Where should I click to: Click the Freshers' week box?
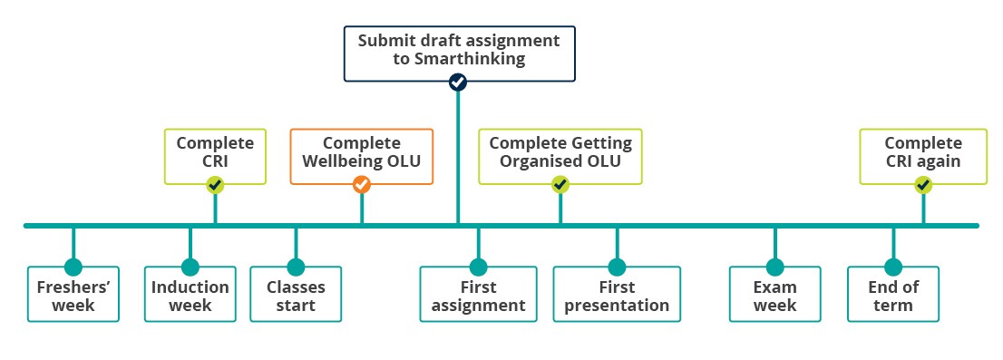(x=73, y=294)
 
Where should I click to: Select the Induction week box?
(x=190, y=294)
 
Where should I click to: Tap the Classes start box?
(x=296, y=294)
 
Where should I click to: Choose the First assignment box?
(x=479, y=294)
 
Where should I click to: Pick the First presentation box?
(x=617, y=294)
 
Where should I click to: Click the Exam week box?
(x=774, y=294)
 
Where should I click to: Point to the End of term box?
(x=893, y=294)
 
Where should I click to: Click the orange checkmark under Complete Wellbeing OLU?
(x=362, y=185)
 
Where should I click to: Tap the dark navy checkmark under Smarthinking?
(x=458, y=82)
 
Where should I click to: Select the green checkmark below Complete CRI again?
(x=923, y=185)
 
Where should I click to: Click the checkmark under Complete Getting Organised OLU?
(x=560, y=185)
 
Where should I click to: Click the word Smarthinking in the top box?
(x=470, y=60)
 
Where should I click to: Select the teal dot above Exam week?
(x=774, y=268)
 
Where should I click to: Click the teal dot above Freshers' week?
(x=73, y=268)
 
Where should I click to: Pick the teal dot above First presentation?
(x=617, y=268)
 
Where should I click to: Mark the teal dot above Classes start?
(x=296, y=268)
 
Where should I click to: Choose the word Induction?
(x=190, y=287)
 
